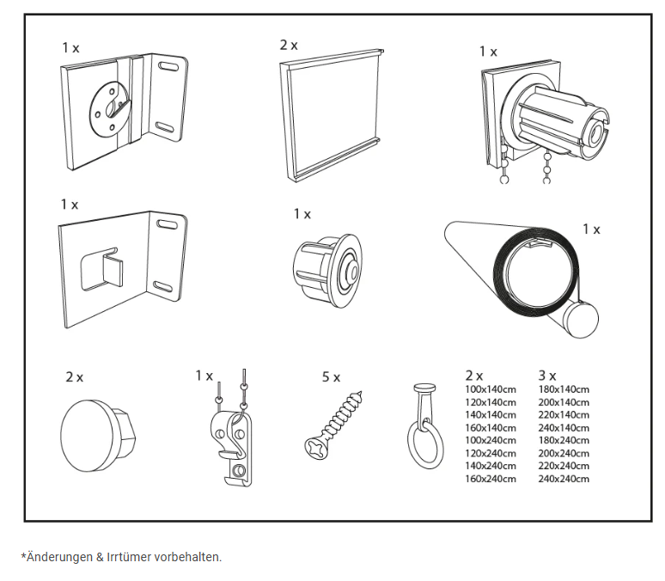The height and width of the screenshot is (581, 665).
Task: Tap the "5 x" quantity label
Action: point(331,376)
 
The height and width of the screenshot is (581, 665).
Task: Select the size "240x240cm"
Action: point(564,479)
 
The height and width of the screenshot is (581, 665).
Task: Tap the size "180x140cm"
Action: point(564,389)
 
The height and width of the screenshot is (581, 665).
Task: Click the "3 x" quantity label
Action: point(547,376)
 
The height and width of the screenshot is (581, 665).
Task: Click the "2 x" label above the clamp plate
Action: point(289,45)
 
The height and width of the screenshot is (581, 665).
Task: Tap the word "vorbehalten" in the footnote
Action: point(187,557)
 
